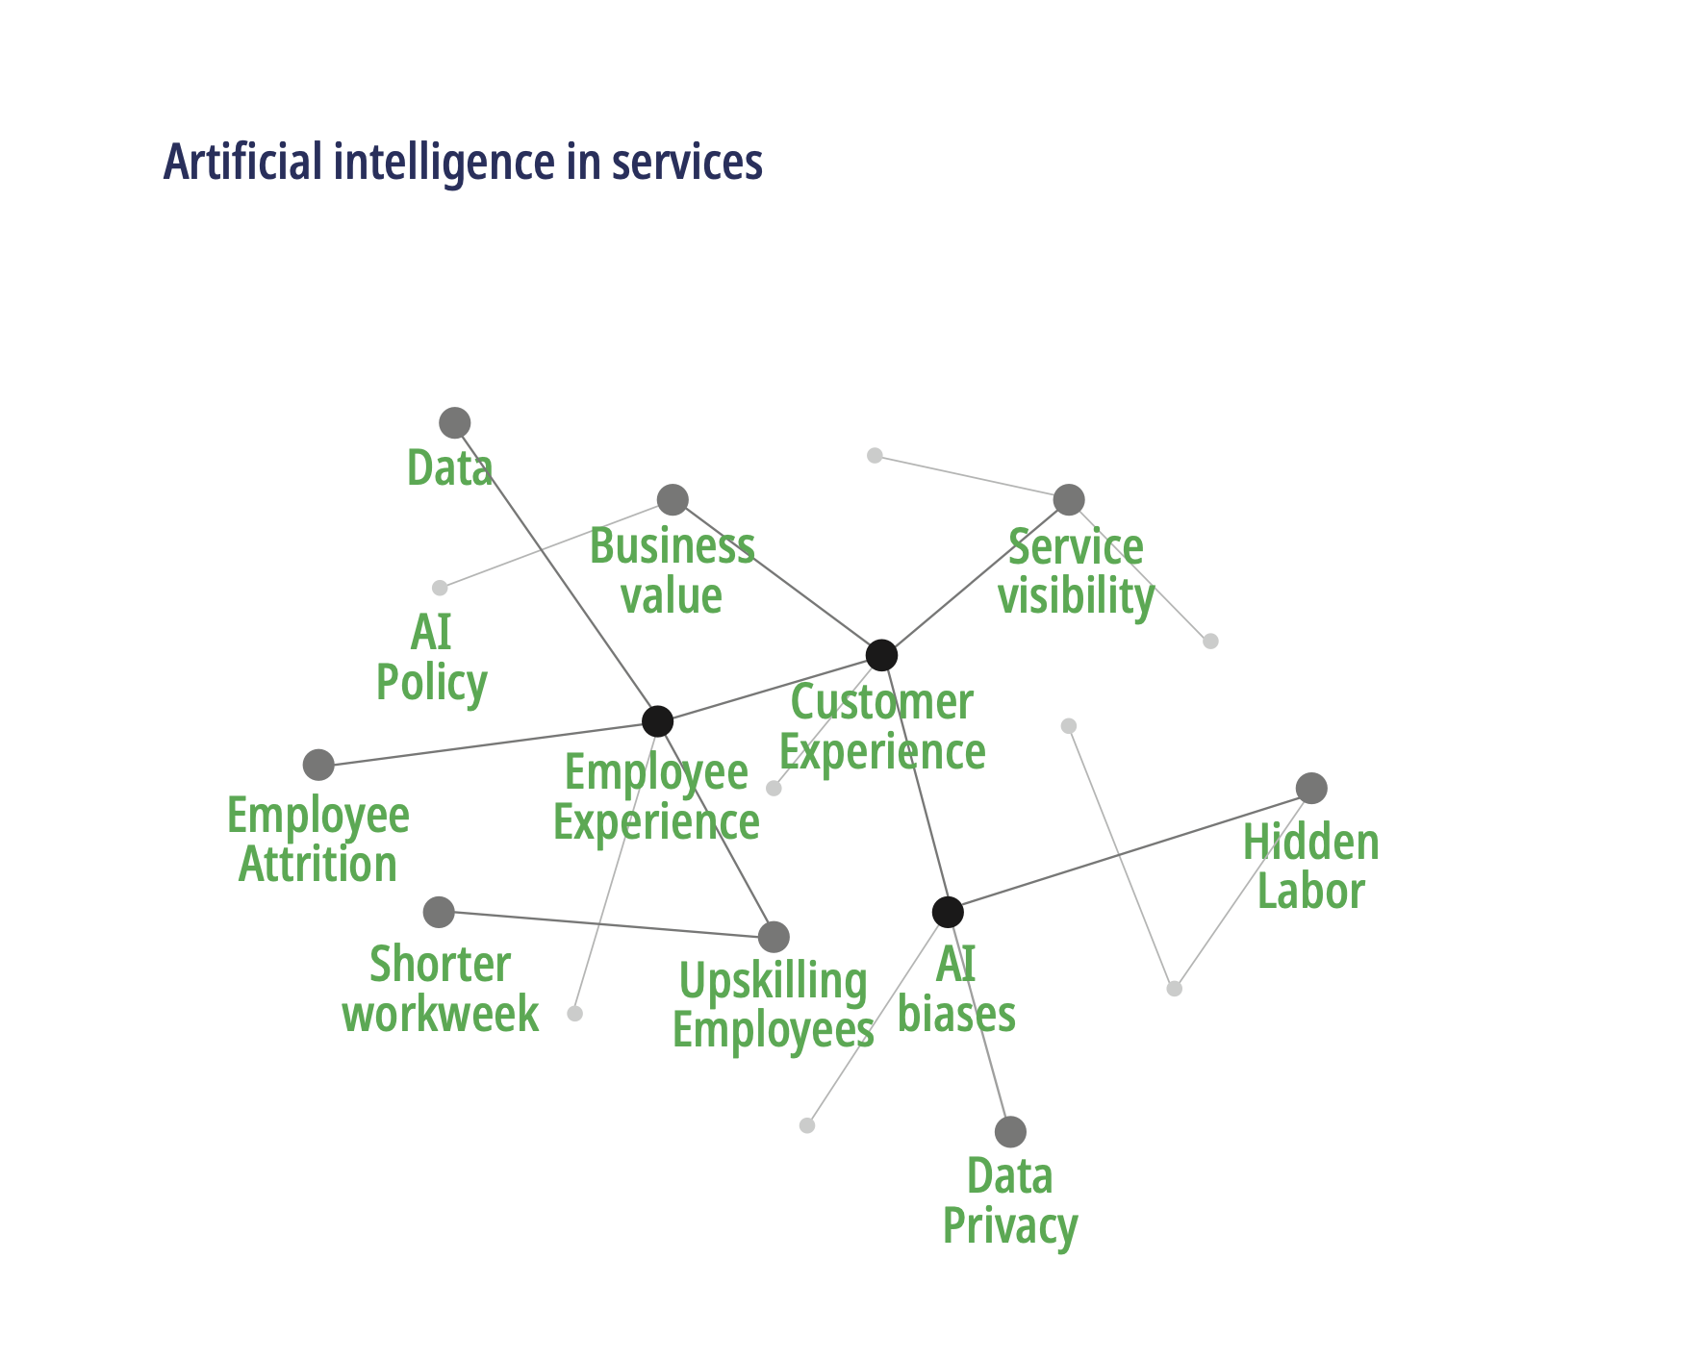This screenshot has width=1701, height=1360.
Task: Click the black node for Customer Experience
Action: (881, 655)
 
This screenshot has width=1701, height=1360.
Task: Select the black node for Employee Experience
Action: (657, 720)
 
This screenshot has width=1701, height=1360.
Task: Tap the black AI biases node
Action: (948, 912)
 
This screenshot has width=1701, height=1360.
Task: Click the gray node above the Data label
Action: (454, 422)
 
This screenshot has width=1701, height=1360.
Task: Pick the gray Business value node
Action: (673, 499)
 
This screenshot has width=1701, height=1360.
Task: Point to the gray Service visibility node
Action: (1069, 499)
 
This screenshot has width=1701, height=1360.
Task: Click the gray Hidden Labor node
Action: (1311, 788)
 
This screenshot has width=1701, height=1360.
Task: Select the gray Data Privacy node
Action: (1010, 1131)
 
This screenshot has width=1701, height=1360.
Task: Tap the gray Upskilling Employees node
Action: (774, 936)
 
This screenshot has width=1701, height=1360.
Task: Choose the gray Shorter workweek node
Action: (439, 912)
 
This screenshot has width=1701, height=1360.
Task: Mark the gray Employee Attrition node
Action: (318, 765)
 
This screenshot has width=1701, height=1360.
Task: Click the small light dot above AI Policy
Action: (440, 588)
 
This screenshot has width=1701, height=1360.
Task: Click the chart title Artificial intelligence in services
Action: (463, 162)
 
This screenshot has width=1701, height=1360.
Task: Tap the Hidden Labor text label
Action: (1311, 867)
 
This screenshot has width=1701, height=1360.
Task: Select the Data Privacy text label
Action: (1010, 1201)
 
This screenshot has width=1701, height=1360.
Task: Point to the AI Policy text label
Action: (432, 658)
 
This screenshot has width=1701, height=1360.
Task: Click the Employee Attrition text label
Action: (318, 840)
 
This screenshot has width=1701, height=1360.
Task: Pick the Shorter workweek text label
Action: (441, 989)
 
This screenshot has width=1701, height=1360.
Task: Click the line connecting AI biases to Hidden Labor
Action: (1130, 850)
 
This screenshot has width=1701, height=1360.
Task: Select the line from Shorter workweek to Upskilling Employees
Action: (606, 924)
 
